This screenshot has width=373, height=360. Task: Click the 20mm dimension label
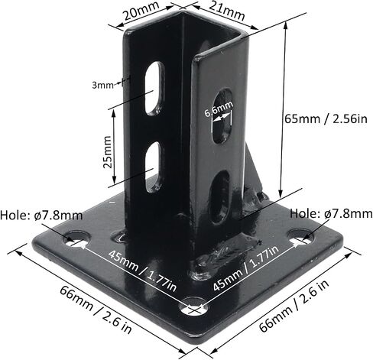click(141, 11)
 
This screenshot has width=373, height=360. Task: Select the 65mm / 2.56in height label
click(326, 118)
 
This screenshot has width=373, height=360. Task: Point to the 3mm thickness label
click(102, 85)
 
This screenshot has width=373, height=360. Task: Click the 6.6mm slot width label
click(219, 109)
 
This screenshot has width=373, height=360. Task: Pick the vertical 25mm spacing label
click(108, 152)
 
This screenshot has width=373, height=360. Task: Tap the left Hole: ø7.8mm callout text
click(41, 216)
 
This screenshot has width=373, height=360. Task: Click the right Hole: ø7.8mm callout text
click(332, 213)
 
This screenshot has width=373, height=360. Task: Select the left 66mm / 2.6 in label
click(96, 309)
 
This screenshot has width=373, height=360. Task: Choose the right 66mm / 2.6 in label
click(294, 305)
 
